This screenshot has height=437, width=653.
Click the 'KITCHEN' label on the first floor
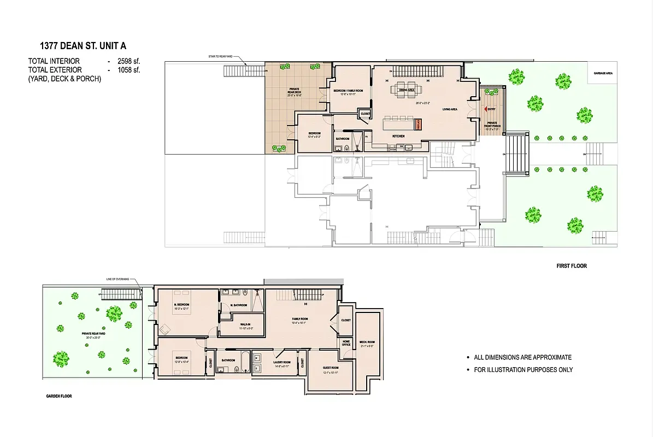pyautogui.click(x=398, y=135)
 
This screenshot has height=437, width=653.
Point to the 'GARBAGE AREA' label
pyautogui.click(x=602, y=73)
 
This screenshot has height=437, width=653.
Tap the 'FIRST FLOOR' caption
pyautogui.click(x=571, y=266)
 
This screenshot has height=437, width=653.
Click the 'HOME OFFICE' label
pyautogui.click(x=346, y=343)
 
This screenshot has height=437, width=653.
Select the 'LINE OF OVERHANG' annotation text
pyautogui.click(x=117, y=280)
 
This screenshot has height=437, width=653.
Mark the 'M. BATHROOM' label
pyautogui.click(x=239, y=305)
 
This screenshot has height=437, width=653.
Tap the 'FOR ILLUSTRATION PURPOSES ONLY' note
pyautogui.click(x=523, y=370)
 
